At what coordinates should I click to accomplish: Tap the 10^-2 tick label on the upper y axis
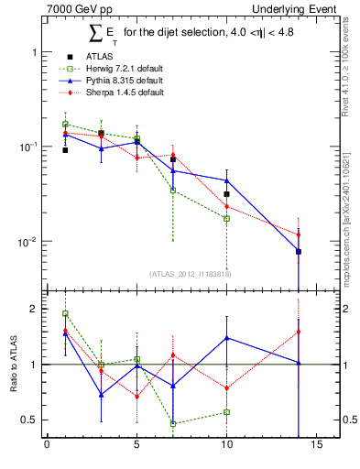(x=27, y=243)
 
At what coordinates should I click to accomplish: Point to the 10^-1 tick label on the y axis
(x=27, y=147)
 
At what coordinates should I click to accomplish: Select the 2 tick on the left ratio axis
(x=33, y=309)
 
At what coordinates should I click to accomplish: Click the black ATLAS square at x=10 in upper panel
(x=226, y=194)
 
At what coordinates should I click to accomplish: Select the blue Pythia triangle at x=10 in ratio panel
(x=226, y=338)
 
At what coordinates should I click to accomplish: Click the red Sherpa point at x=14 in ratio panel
(x=298, y=332)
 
